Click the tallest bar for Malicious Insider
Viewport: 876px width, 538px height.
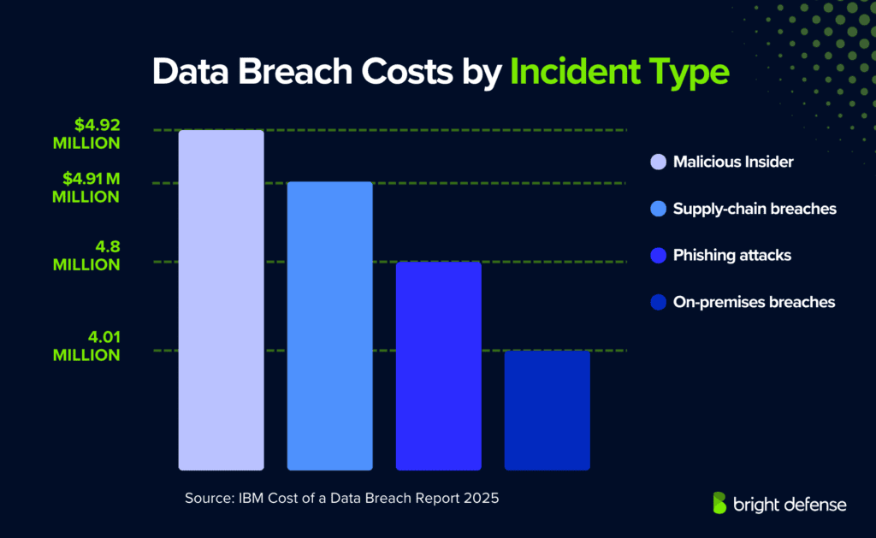pos(221,299)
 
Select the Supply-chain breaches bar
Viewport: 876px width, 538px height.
pos(329,325)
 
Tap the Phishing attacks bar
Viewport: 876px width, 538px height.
pos(438,365)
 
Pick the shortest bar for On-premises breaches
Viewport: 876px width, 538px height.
pos(547,410)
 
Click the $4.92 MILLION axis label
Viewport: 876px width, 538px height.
pos(86,133)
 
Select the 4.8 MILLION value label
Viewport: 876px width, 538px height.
pos(86,256)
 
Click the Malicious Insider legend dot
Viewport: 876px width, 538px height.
pos(658,162)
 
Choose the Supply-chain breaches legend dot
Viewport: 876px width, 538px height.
pos(658,209)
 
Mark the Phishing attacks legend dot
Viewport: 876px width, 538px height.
pos(658,255)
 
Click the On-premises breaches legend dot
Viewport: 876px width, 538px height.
pos(658,302)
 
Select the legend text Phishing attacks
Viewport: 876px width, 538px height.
pos(731,255)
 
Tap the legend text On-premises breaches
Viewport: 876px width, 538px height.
pos(754,302)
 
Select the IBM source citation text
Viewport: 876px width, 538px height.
pos(341,497)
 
